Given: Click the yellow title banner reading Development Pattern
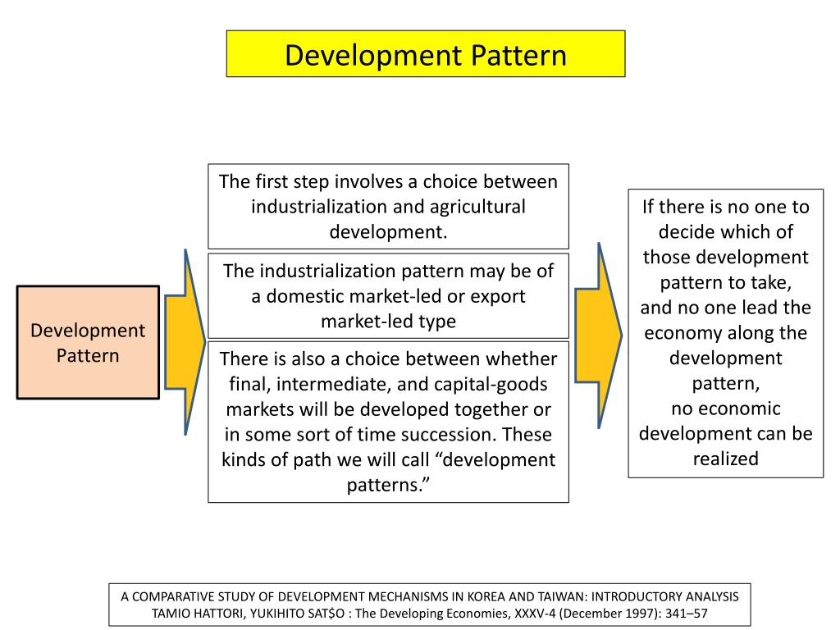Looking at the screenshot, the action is coord(426,53).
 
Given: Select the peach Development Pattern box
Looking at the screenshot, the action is coord(88,342).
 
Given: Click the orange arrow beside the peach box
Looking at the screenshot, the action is coord(185,342).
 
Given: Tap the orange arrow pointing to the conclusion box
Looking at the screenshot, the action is coord(598,336).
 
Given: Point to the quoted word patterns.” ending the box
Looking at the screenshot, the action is coord(388,486).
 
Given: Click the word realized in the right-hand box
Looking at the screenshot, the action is coord(725,459).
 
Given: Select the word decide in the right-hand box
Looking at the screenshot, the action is coord(687,232).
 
